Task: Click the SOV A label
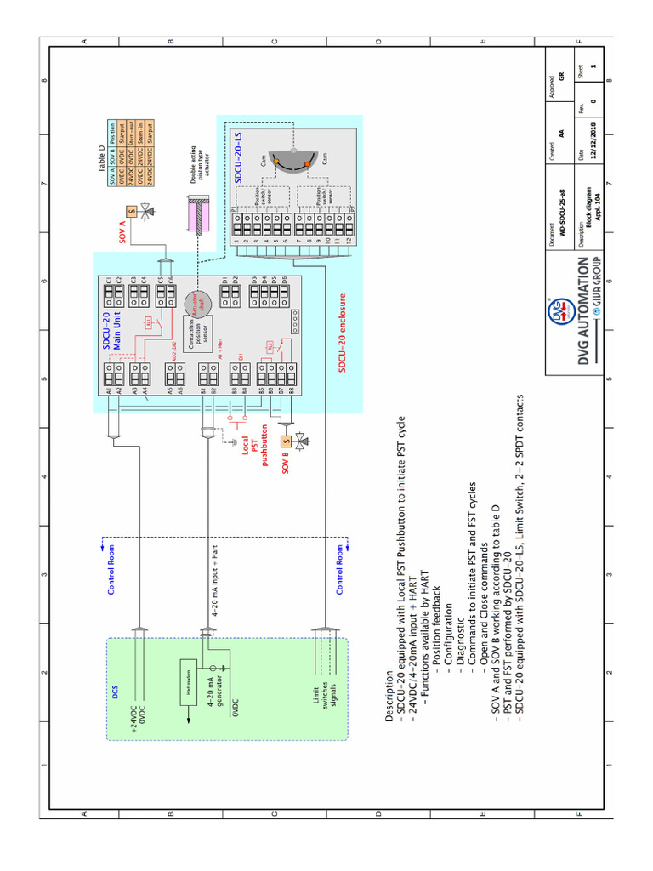[122, 230]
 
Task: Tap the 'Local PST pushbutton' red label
[255, 446]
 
